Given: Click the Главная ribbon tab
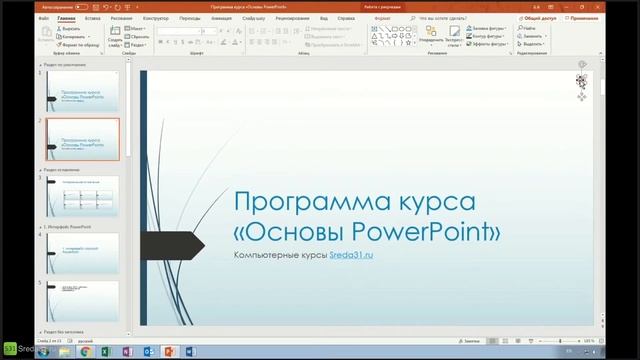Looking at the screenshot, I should [x=67, y=18].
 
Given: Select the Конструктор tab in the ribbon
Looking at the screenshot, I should [x=155, y=18].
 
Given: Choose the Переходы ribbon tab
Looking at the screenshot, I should [x=189, y=18].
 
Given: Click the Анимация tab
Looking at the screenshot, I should [x=221, y=18].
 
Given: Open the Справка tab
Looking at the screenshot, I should [x=345, y=18].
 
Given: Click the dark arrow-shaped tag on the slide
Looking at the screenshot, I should [x=163, y=242].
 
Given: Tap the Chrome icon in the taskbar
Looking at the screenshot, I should [x=86, y=351].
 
